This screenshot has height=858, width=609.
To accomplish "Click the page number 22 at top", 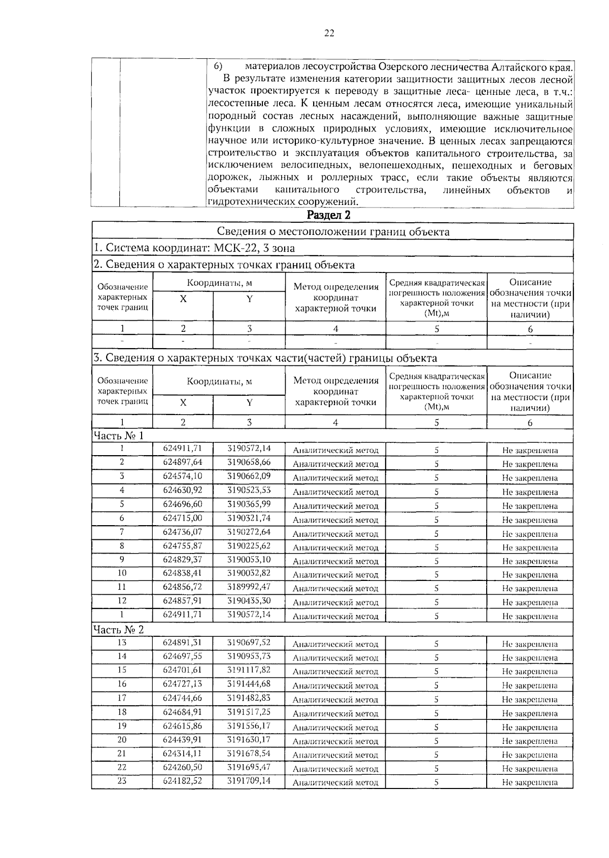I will [329, 33].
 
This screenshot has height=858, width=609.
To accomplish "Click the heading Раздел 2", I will [329, 215].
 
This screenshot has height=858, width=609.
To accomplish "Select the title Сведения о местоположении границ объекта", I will [333, 232].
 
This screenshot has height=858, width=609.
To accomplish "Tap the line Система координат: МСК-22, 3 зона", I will [194, 248].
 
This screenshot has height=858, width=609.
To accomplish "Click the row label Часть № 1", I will [118, 435].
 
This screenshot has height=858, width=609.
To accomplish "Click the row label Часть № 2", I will [118, 630].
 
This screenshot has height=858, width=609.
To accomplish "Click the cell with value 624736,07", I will [182, 532].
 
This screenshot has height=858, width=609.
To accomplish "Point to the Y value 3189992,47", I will [249, 587].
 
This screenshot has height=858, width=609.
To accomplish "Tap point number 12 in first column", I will [122, 601].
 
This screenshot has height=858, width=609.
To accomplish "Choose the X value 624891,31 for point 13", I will [182, 643].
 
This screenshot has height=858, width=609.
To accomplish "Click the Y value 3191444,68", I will [249, 684].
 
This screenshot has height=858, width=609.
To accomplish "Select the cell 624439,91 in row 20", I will [182, 740].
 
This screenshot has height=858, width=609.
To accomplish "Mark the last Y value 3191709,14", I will [249, 781].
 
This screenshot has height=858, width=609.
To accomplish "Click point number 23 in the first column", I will [122, 781].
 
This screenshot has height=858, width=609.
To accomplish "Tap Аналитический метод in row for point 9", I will [335, 562].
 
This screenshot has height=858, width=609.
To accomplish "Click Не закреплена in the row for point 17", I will [530, 700].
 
